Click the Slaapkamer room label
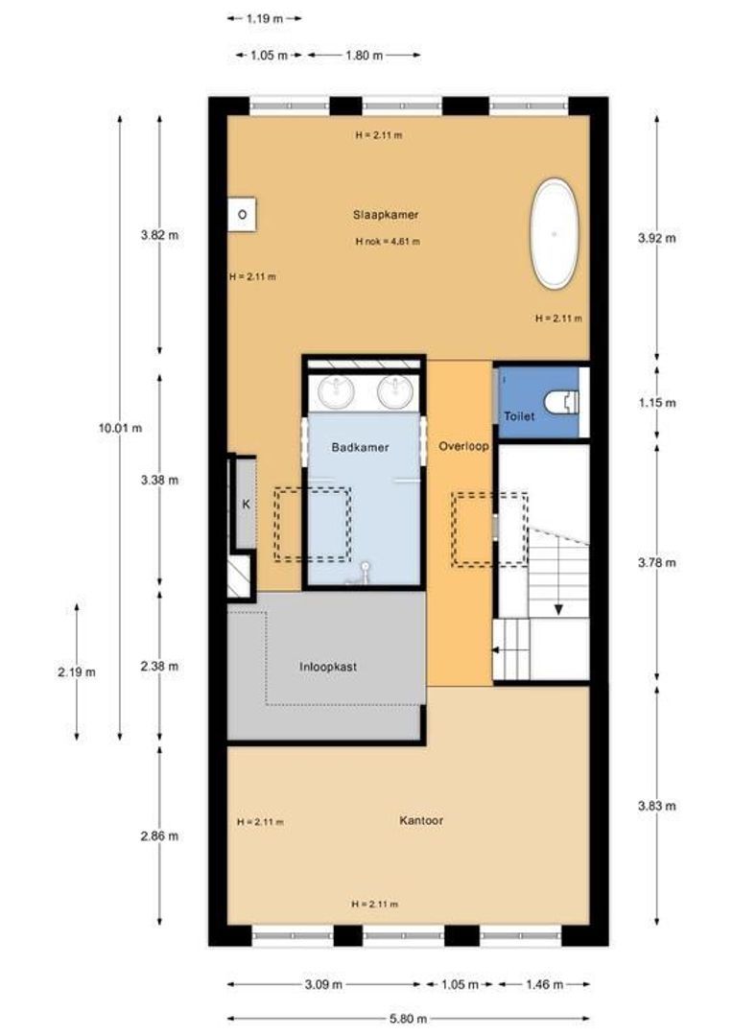point(386,215)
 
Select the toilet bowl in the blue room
point(562,401)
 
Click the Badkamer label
point(360,447)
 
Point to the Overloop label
point(463,446)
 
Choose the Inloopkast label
point(328,667)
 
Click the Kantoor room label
point(421,820)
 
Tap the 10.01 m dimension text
point(120,428)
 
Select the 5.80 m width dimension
point(408,1018)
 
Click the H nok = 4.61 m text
point(388,242)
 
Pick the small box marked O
point(242,215)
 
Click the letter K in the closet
point(246,505)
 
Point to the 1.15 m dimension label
point(657,402)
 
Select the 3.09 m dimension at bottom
point(324,984)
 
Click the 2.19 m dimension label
point(77,672)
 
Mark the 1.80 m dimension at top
point(365,56)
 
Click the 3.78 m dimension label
point(657,563)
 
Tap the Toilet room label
point(519,416)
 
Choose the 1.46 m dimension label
point(545,984)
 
